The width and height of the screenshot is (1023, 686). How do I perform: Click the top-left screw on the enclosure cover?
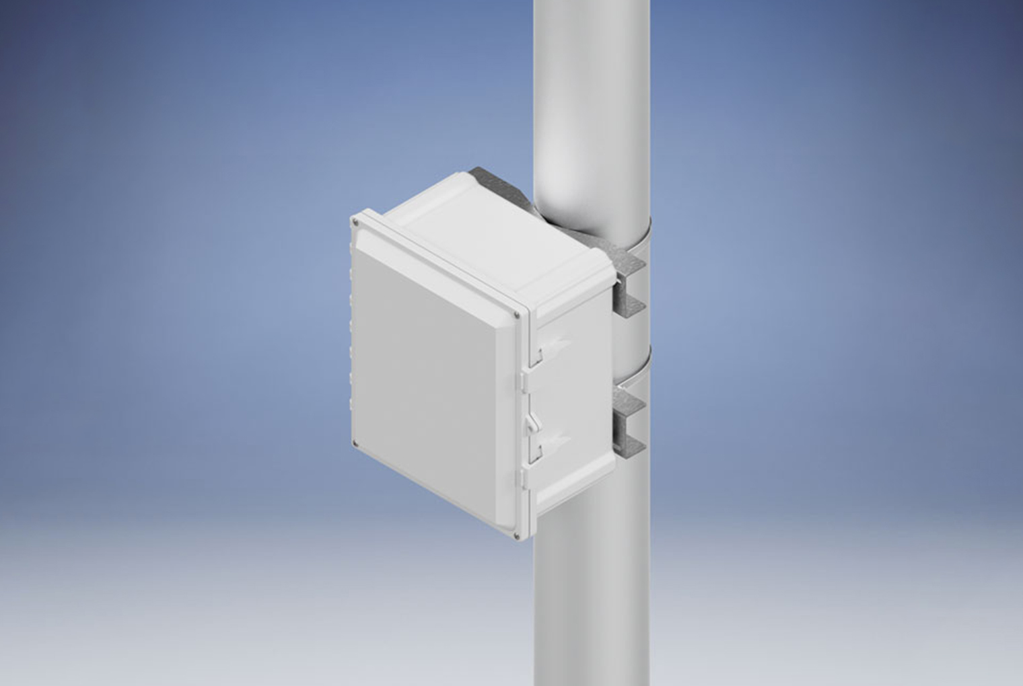[x=355, y=221]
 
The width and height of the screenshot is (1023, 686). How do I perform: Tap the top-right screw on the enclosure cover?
[x=516, y=314]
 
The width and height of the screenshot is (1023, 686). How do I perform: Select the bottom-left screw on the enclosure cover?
[x=355, y=443]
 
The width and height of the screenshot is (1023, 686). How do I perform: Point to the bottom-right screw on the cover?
[x=516, y=535]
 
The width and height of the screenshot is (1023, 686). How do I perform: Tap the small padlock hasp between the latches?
[x=532, y=423]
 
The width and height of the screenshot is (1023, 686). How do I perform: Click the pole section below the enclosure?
[x=592, y=605]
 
